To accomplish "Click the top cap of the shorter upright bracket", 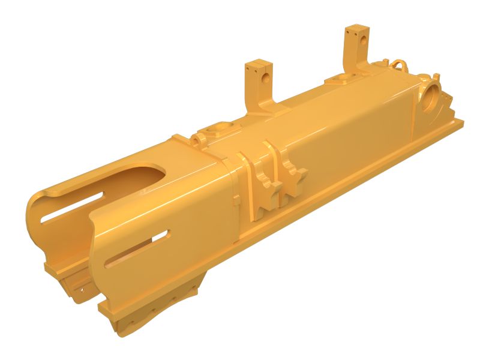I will (260, 62).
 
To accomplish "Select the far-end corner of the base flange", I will (463, 123).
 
